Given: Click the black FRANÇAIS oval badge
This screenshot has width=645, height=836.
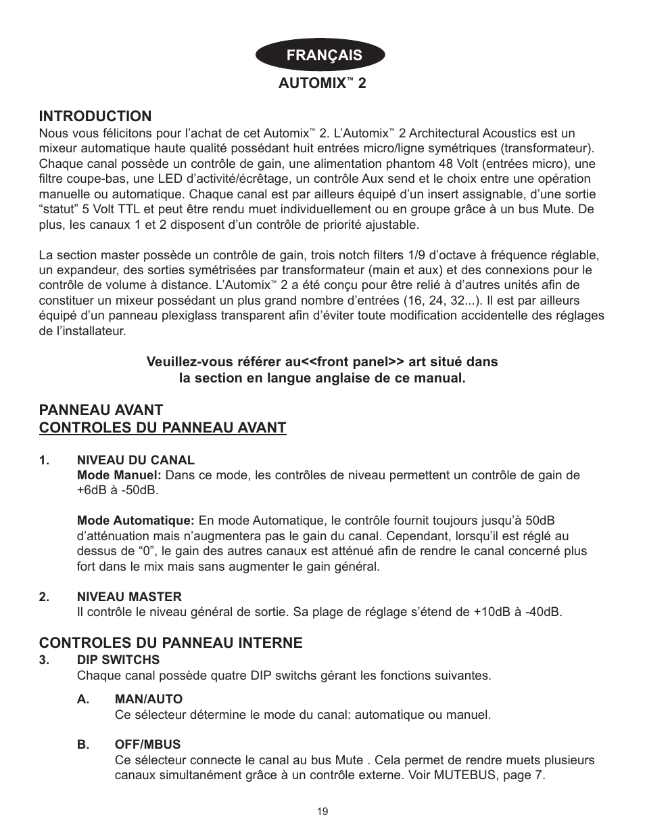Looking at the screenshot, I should pos(322,55).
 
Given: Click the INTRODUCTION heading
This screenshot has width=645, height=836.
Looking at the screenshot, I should pos(95,116).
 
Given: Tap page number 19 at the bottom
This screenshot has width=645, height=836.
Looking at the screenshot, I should pos(322,811).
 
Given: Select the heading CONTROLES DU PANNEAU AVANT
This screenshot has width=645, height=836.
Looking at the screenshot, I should pos(162,427).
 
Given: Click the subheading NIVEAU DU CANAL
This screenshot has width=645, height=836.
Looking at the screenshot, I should pos(135,460).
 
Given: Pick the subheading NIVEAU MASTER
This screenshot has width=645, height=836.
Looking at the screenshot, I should pos(129,596).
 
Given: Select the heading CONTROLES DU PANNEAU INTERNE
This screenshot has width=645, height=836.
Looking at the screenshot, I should pos(170,642).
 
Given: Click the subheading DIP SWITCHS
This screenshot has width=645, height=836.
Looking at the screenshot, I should pos(118,659).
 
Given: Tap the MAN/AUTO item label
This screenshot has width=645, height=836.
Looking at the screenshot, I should pos(148,699).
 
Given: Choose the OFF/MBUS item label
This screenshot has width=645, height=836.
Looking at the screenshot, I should pos(147,745).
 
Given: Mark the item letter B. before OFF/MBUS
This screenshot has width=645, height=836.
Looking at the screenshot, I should pos(83,745).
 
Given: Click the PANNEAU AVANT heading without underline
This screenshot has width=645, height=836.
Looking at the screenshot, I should pos(101,410).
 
